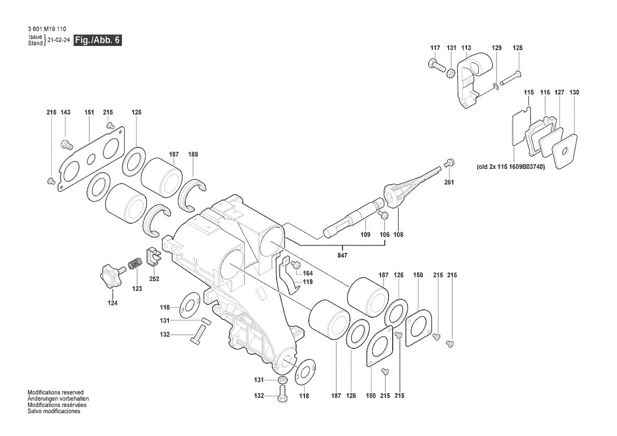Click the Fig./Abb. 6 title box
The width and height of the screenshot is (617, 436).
pos(98,40)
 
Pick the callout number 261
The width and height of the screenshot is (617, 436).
pos(449,182)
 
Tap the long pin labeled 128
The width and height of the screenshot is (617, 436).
pos(510,78)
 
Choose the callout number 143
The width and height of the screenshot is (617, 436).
pos(65,112)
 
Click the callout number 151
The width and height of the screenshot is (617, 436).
pos(89,112)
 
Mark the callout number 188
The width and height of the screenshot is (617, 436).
pos(193,155)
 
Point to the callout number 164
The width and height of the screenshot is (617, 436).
pos(308,273)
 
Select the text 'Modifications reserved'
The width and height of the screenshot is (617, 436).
pos(55,393)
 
